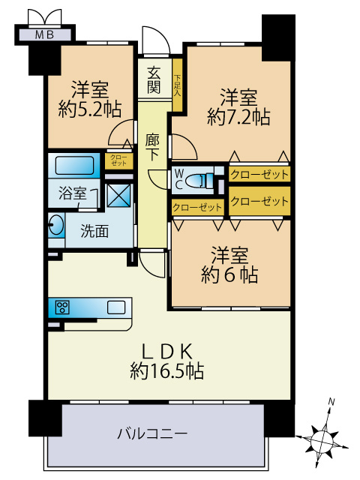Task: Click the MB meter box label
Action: (x=45, y=34)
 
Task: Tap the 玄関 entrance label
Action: (x=154, y=80)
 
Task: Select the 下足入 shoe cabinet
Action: (x=177, y=85)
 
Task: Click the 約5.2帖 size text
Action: (x=90, y=109)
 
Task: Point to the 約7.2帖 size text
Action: (x=238, y=117)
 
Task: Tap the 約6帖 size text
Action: (x=229, y=274)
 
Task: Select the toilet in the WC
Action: (x=199, y=180)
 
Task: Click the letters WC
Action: (x=178, y=179)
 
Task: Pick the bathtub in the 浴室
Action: (x=74, y=165)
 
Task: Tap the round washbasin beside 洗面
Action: (x=56, y=225)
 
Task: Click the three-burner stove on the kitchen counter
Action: (x=62, y=307)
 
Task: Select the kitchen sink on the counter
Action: (x=116, y=307)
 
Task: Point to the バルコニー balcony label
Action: (x=153, y=433)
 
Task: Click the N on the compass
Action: (x=331, y=401)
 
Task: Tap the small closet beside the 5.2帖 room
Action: (x=118, y=160)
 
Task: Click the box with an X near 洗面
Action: (x=118, y=195)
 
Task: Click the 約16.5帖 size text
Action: (x=166, y=371)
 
